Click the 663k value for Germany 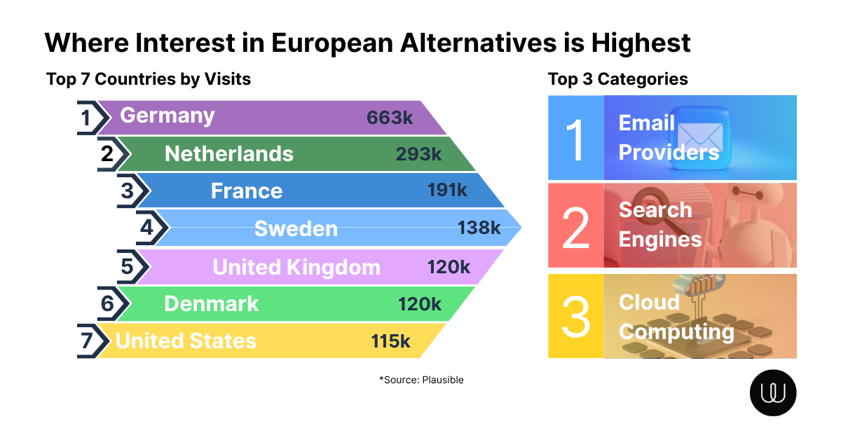click(390, 117)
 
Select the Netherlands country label click(228, 153)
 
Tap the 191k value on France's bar click(447, 191)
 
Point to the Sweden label click(296, 228)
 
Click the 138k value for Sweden click(479, 228)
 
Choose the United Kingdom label click(296, 267)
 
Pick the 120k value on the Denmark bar click(419, 304)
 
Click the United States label click(186, 341)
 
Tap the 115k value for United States click(390, 341)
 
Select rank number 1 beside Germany click(86, 118)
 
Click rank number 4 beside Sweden click(146, 228)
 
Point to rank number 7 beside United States click(86, 341)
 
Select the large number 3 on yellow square click(575, 316)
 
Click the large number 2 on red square click(575, 226)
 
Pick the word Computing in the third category click(676, 331)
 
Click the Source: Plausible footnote click(421, 380)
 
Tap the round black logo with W click(773, 392)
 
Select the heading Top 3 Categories click(617, 79)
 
